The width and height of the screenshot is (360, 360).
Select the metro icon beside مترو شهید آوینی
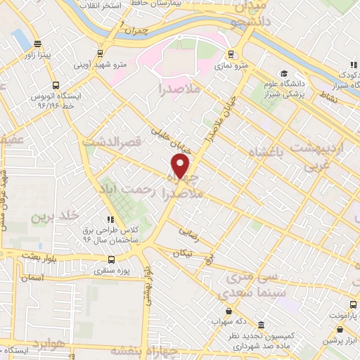pyautogui.click(x=101, y=53)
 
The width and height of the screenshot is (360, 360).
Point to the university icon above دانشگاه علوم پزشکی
pyautogui.click(x=284, y=73)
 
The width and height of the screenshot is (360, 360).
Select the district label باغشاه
pyautogui.click(x=261, y=153)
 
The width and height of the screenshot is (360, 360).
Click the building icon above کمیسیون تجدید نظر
pyautogui.click(x=262, y=326)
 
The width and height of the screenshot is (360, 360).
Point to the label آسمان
pyautogui.click(x=32, y=278)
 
